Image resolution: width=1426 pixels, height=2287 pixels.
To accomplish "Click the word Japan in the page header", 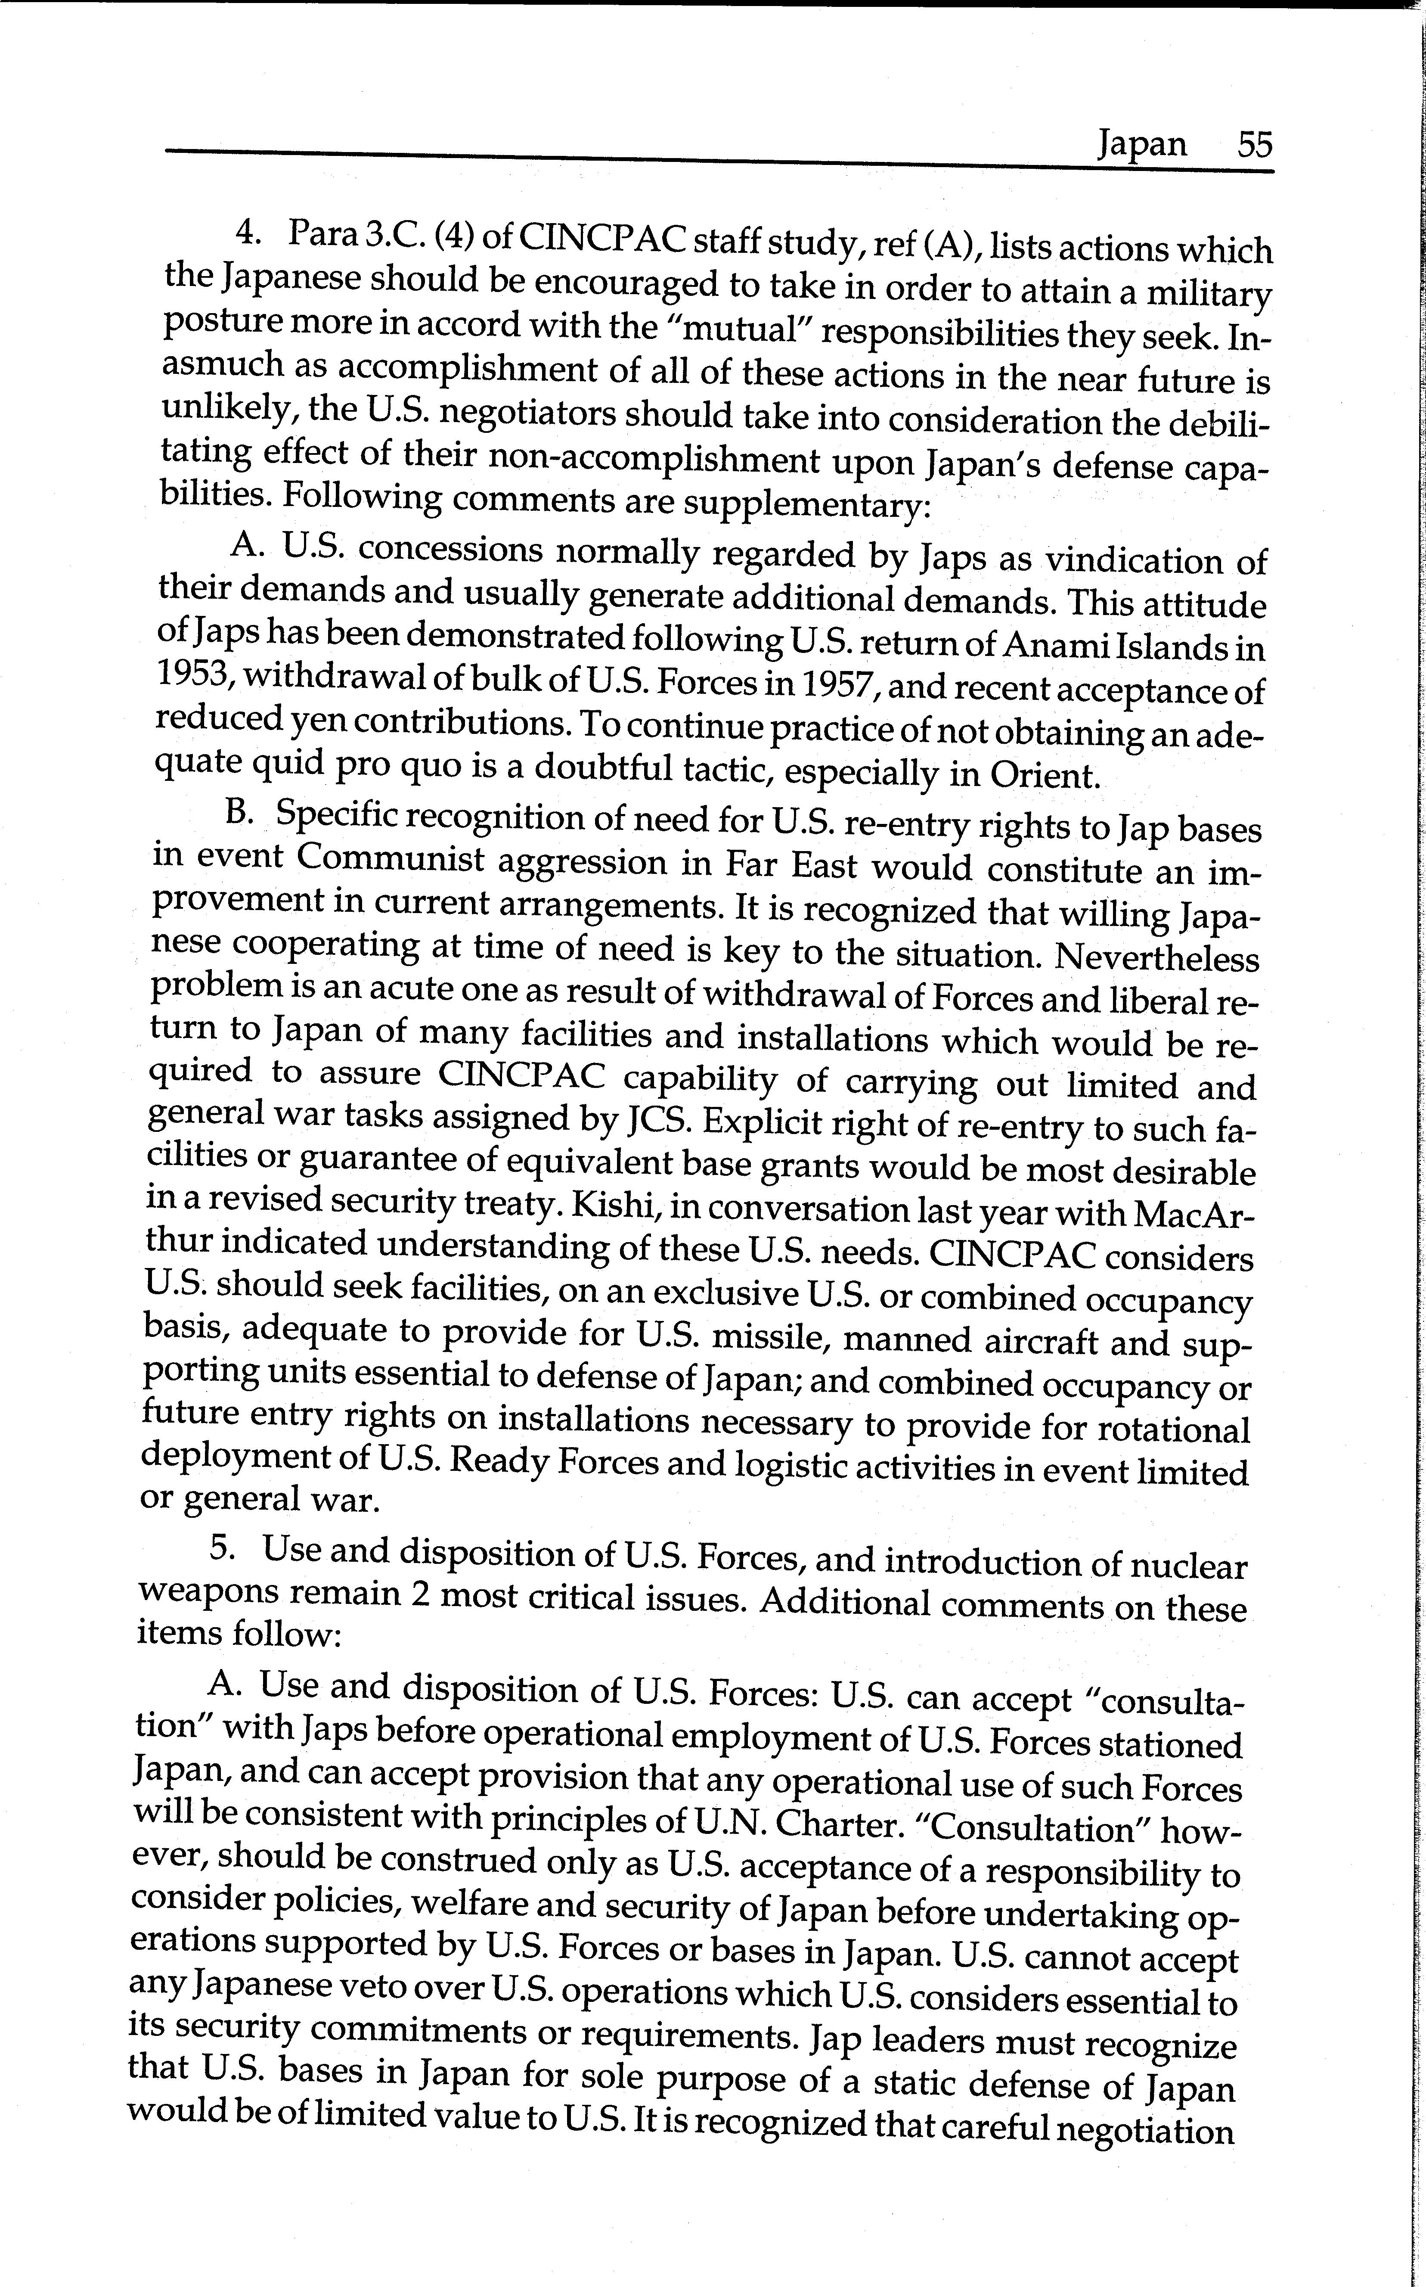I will click(x=1141, y=144).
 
